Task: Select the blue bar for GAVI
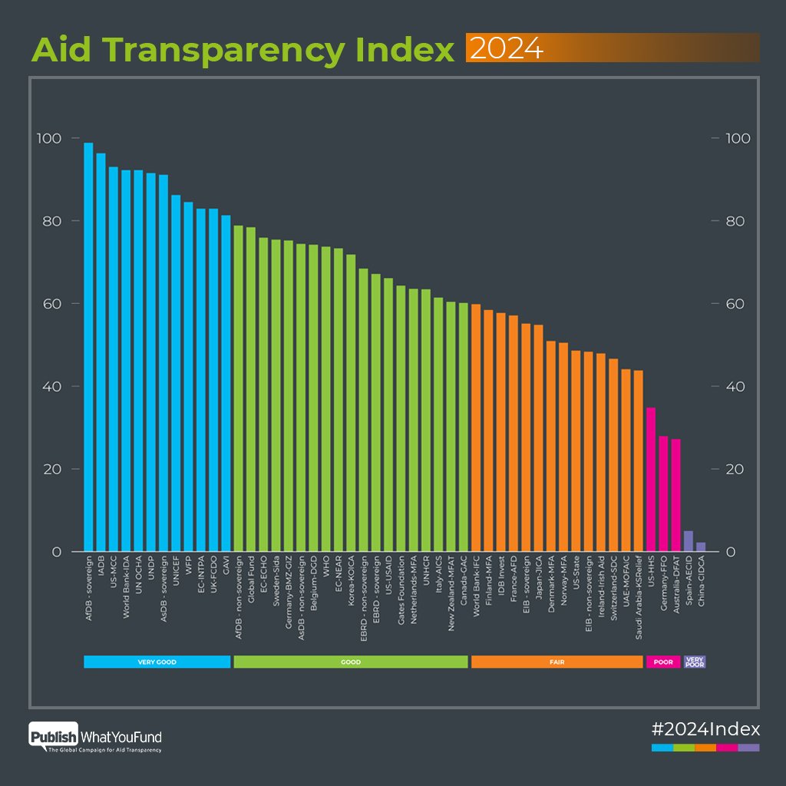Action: tap(226, 384)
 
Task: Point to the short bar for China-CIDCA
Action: tap(701, 547)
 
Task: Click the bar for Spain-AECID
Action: tap(689, 541)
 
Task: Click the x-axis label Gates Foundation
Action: tap(401, 596)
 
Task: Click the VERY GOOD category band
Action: tap(157, 662)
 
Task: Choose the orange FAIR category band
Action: tap(556, 662)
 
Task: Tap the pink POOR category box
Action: tap(663, 662)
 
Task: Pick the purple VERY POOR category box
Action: tap(695, 662)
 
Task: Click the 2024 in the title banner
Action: tap(507, 48)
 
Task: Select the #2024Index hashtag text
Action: tap(705, 728)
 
